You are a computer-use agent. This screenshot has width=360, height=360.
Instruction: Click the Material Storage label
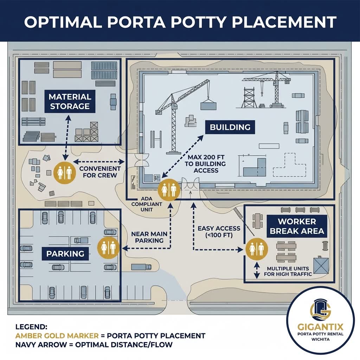[x=70, y=101]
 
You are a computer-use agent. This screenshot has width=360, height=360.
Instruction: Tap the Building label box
[x=230, y=127]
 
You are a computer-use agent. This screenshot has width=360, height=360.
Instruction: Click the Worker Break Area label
[x=297, y=226]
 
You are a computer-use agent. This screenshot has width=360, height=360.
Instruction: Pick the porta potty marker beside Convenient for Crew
[x=64, y=172]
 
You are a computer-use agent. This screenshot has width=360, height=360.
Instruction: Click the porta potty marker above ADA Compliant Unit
[x=169, y=190]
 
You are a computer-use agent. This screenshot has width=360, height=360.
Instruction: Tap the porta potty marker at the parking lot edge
[x=108, y=247]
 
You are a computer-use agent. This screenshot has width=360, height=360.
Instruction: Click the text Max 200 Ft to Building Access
[x=206, y=164]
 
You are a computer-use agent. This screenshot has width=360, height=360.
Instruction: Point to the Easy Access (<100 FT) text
[x=219, y=232]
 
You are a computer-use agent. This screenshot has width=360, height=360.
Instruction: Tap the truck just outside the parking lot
[x=141, y=267]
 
